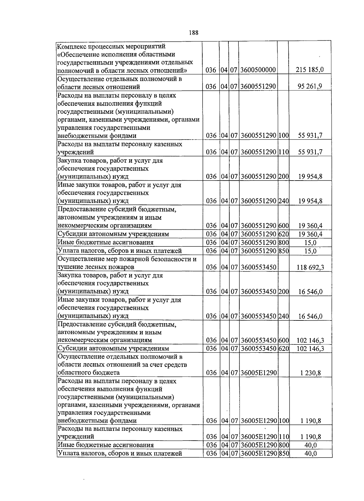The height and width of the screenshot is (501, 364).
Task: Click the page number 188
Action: (x=193, y=33)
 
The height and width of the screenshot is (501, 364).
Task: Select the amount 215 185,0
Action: (x=310, y=70)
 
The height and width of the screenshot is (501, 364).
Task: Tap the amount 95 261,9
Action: (x=310, y=87)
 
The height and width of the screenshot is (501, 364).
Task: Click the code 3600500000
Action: (x=258, y=70)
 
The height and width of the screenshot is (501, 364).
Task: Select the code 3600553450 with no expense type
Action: (x=258, y=267)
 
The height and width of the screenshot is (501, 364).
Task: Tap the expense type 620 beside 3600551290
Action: (x=283, y=234)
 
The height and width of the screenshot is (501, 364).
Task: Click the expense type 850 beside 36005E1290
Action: (x=283, y=454)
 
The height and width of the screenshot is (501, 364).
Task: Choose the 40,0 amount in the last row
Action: (x=310, y=454)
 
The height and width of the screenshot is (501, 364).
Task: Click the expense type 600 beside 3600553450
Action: (x=283, y=340)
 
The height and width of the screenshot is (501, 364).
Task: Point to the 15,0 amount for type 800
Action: (x=310, y=242)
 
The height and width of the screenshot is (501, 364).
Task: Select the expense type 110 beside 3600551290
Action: (x=283, y=152)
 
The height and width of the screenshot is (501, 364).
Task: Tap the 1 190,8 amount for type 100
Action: (x=310, y=421)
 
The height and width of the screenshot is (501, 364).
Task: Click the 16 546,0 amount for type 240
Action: (x=310, y=317)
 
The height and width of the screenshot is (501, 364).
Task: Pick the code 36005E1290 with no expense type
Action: (x=258, y=373)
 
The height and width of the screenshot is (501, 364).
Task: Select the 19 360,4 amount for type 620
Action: (x=310, y=234)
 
